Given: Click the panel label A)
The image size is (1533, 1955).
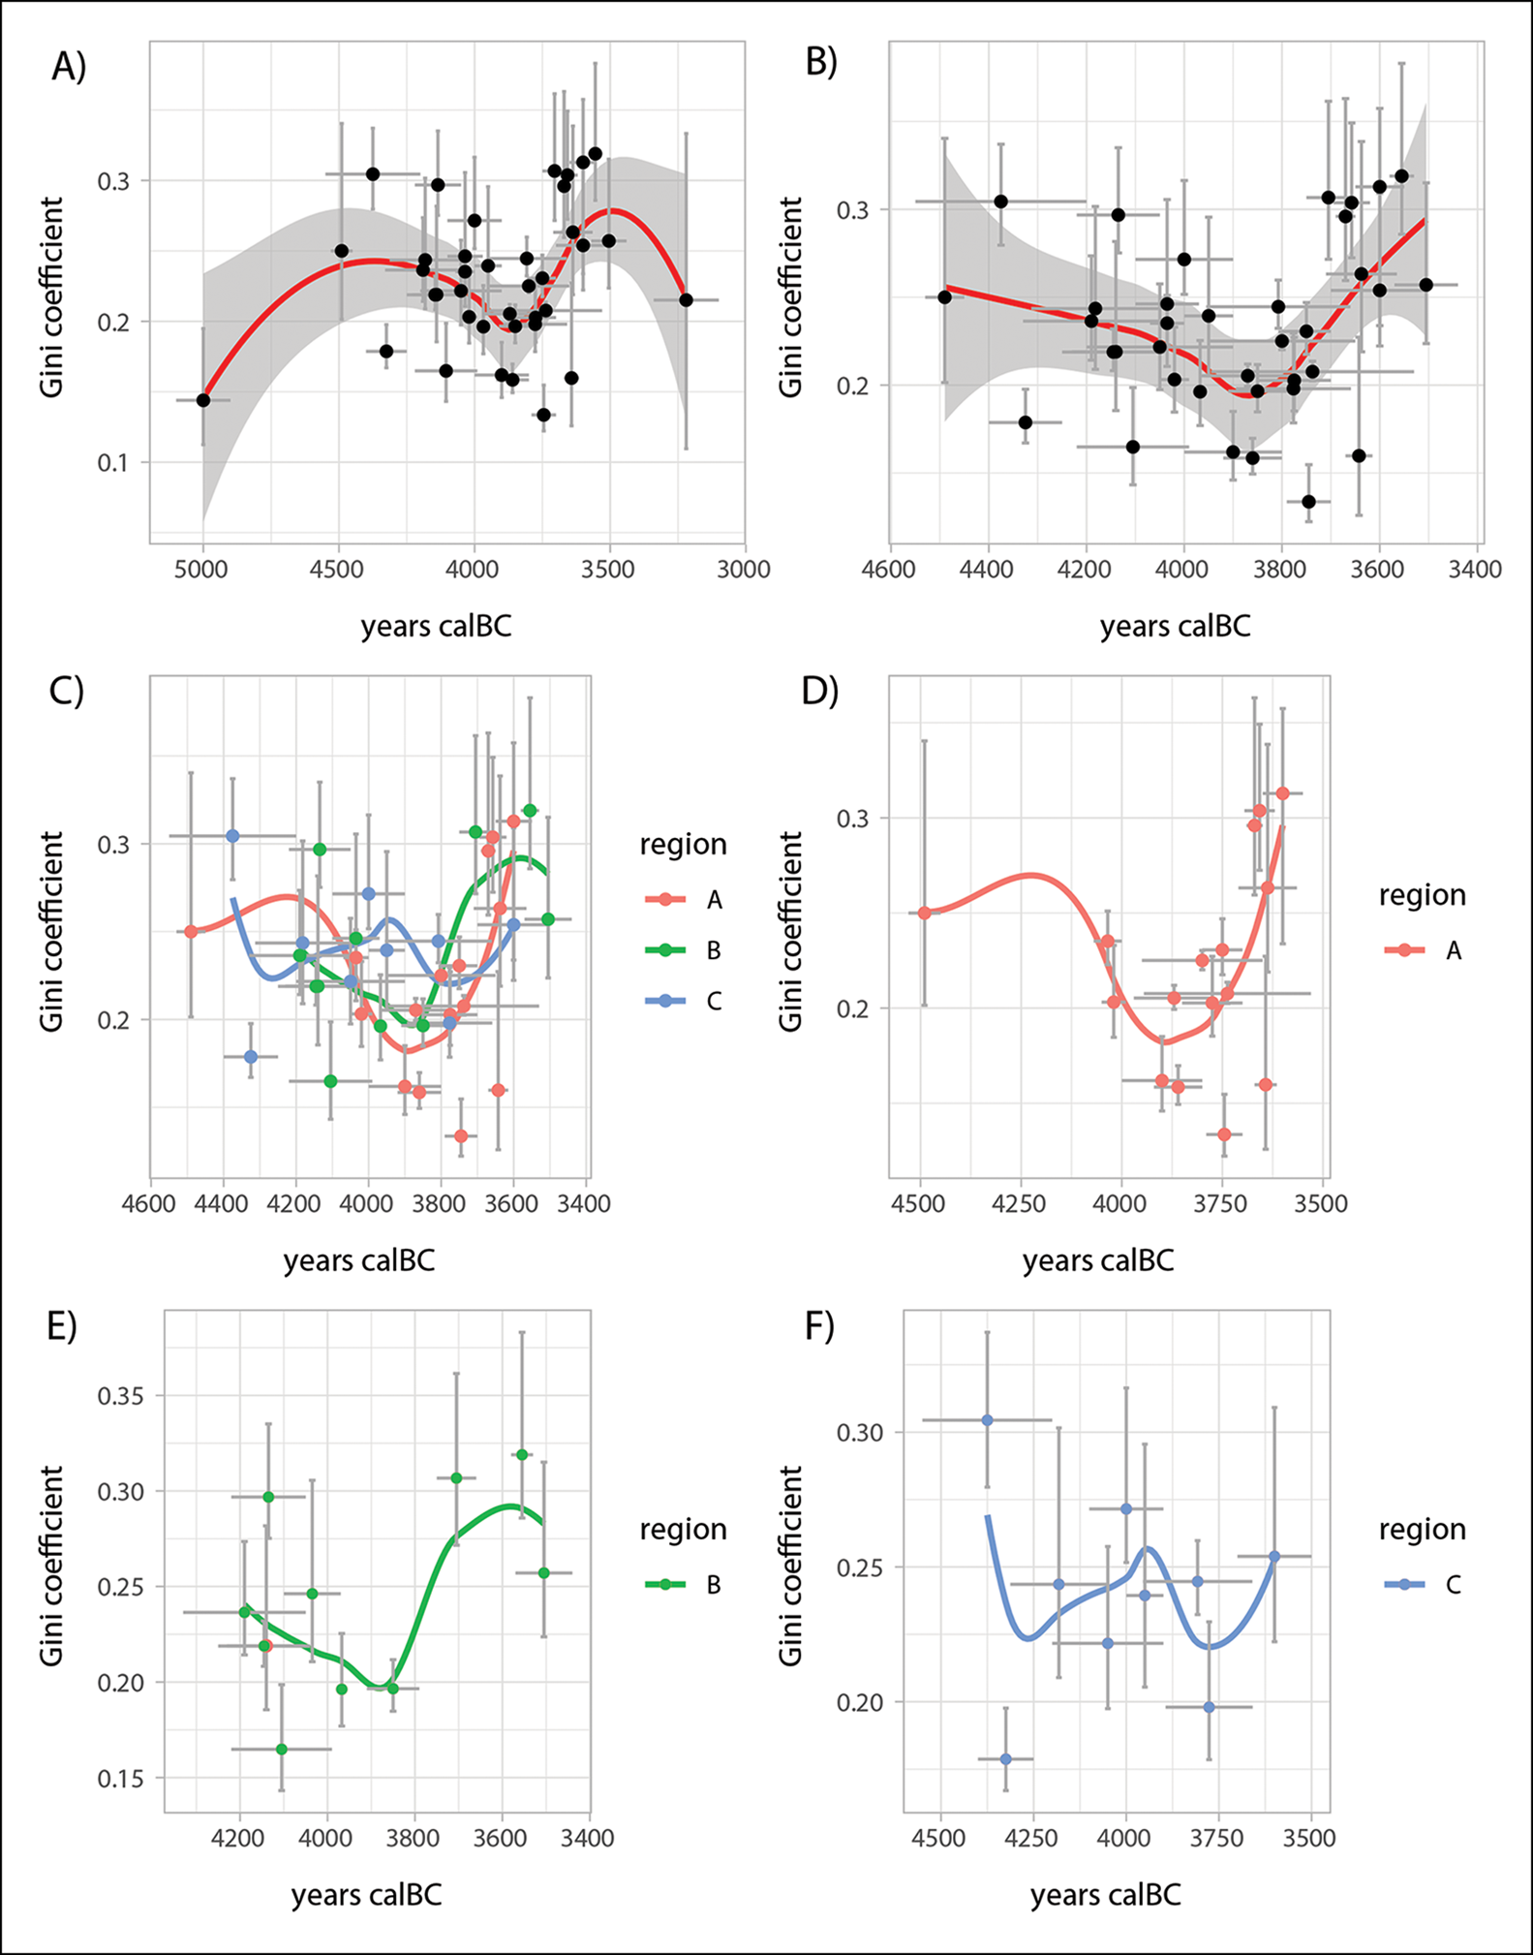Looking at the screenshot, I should tap(69, 67).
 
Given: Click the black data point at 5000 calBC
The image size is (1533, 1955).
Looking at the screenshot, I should tap(203, 400).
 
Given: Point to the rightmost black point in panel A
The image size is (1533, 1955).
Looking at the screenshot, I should tap(686, 300).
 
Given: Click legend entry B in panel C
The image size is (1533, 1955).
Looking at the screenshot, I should tap(714, 950).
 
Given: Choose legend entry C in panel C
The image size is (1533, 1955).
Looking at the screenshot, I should tap(714, 1001).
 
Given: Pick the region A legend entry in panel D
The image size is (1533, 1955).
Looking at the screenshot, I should tap(1453, 950).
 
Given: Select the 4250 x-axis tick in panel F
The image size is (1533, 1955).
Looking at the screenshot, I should tap(1033, 1838).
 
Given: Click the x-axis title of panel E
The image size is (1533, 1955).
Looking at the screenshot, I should tap(366, 1894).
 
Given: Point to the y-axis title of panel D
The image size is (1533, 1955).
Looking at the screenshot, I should tap(791, 931).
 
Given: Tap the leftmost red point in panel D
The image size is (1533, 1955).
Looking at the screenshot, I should tap(924, 913).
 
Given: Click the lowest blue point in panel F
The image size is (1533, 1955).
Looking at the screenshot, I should tap(1005, 1758).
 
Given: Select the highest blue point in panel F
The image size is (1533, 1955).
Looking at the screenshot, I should tap(987, 1420).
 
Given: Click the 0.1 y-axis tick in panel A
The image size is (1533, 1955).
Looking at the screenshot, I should tap(120, 462).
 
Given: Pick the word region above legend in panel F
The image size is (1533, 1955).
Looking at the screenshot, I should tap(1422, 1529).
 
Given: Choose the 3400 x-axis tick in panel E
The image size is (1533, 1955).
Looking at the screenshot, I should tap(590, 1838).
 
